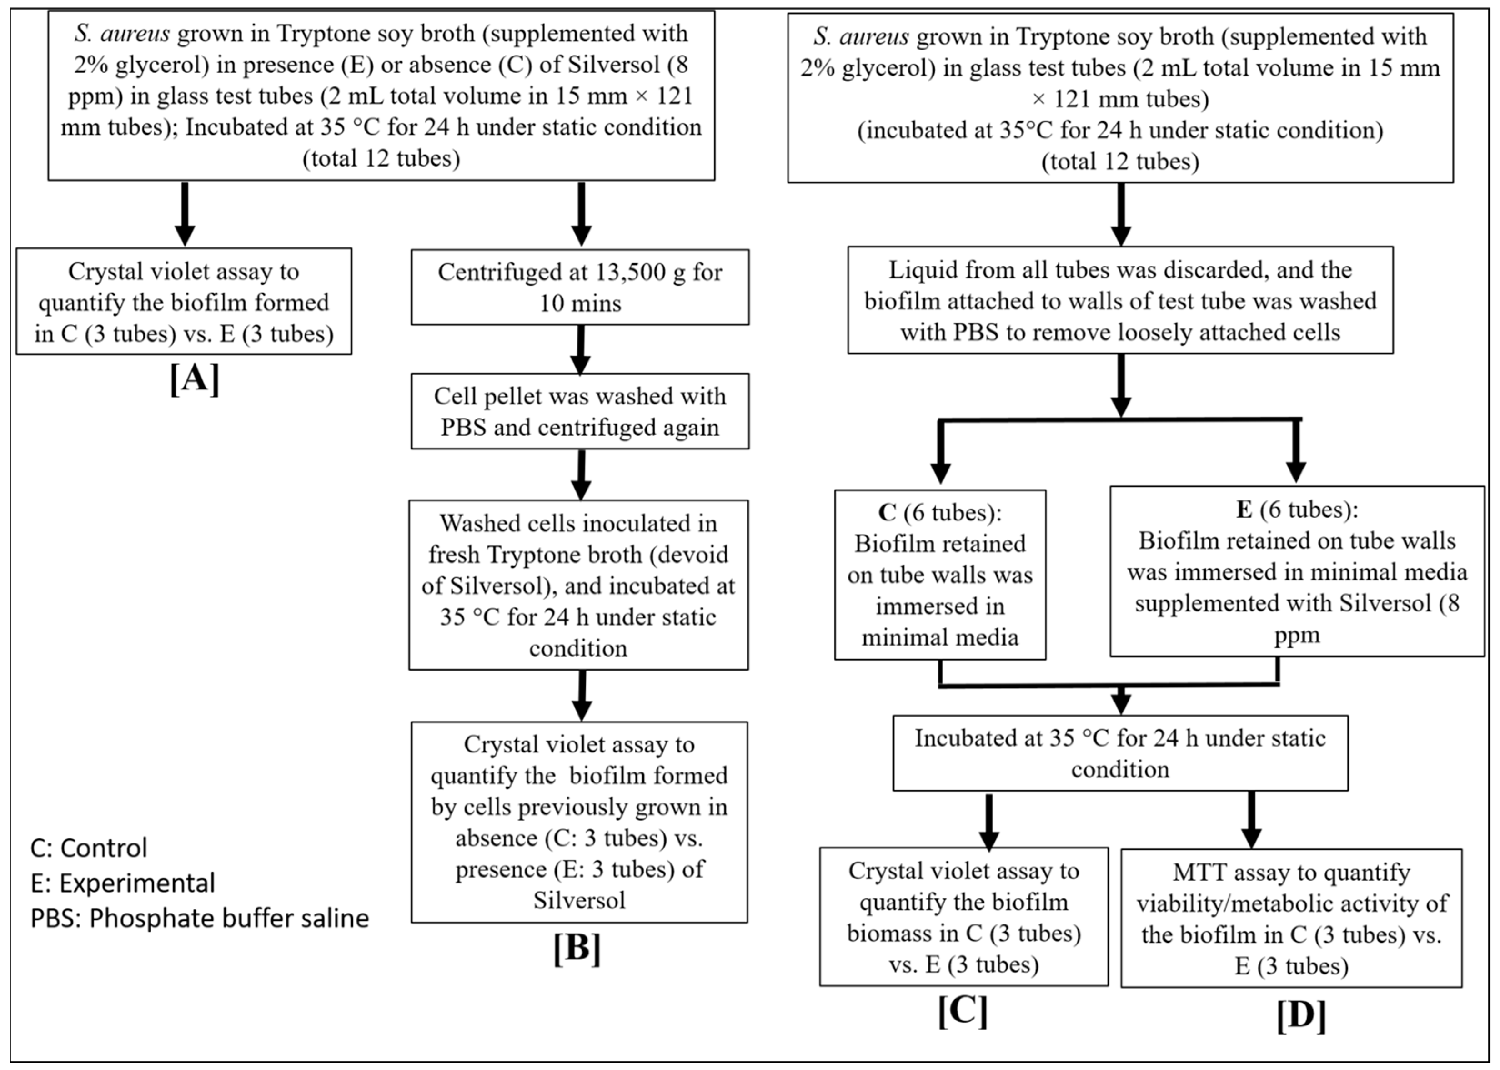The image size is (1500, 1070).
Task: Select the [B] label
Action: coord(577,949)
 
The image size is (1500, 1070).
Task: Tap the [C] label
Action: coord(963,1011)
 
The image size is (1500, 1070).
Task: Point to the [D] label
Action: coord(1300,1015)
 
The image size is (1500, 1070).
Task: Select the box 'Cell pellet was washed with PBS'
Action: coord(579,412)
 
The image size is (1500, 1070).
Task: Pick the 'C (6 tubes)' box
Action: coord(940,575)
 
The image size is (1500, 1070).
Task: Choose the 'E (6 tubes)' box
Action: coord(1297,572)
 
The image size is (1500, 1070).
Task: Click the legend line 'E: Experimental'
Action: coord(122,883)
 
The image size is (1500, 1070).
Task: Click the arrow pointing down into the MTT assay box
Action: coord(1251,820)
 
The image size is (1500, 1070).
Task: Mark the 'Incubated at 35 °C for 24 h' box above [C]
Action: coord(1119,753)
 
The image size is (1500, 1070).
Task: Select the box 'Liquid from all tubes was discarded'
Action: coord(1119,300)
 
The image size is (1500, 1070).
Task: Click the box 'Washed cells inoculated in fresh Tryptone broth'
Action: coord(578,585)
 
